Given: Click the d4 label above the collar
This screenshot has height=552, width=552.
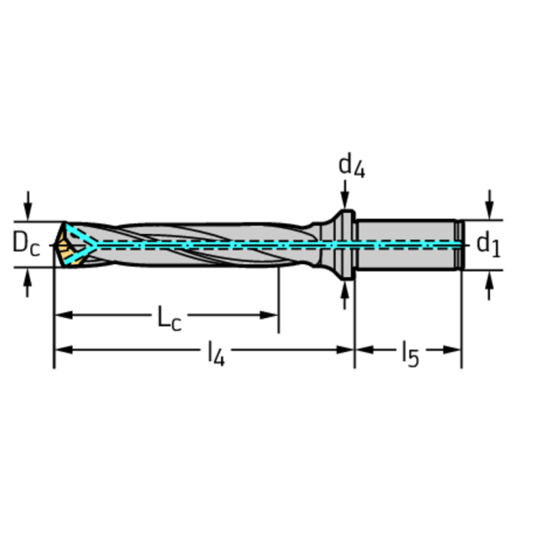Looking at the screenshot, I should click(x=351, y=166).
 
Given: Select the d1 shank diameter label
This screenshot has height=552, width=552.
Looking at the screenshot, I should click(x=489, y=244).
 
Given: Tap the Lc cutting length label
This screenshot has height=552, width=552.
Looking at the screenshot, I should click(x=170, y=317).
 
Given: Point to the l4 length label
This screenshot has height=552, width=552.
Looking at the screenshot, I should click(x=216, y=353).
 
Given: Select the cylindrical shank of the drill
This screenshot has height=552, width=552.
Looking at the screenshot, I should click(x=407, y=245).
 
